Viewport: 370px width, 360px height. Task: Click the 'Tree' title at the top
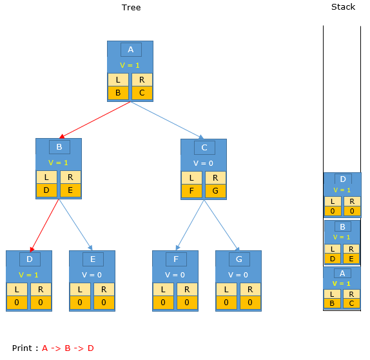[131, 8]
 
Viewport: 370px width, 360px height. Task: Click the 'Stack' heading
[343, 7]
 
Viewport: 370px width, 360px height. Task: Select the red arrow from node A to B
[95, 120]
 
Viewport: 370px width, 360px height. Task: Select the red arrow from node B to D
[44, 225]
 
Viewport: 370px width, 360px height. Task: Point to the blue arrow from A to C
[167, 120]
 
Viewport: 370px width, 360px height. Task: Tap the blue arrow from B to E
[75, 225]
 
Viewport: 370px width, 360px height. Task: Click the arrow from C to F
[190, 225]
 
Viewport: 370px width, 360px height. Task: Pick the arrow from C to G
[222, 225]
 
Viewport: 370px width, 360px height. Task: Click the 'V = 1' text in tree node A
[130, 65]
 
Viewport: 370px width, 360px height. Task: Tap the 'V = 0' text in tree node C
[203, 163]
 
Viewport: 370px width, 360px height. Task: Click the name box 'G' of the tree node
[239, 259]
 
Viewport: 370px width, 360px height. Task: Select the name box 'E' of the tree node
[93, 259]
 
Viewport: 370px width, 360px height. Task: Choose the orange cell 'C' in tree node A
[142, 93]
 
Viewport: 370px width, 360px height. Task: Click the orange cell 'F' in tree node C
[191, 191]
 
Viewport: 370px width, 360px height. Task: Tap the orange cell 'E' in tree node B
[70, 190]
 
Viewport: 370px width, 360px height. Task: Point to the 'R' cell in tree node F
[187, 290]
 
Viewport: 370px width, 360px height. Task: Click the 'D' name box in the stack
[343, 179]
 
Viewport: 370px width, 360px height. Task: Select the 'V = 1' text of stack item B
[342, 237]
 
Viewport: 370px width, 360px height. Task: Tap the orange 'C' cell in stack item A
[351, 303]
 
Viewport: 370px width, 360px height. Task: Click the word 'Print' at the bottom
[22, 348]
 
